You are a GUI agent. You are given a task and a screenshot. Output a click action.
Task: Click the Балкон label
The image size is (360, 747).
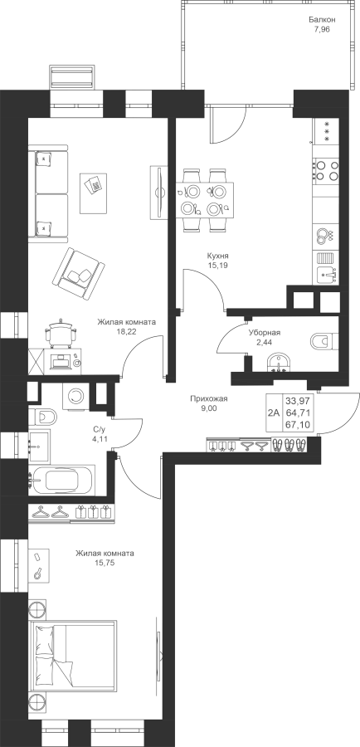click(x=323, y=20)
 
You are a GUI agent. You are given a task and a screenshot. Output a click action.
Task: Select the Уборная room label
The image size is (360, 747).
click(x=265, y=333)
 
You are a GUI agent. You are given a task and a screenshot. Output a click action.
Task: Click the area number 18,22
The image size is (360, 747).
click(x=127, y=331)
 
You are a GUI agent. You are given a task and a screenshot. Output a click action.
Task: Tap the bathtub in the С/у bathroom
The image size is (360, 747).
click(x=62, y=480)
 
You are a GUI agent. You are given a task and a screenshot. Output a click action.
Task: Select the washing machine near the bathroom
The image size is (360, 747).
click(x=75, y=395)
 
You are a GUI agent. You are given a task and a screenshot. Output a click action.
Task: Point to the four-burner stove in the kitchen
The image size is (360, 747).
click(x=326, y=170)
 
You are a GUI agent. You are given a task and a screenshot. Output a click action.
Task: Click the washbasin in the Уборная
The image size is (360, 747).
click(x=278, y=363)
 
